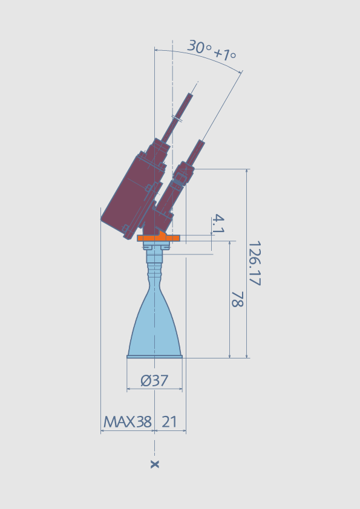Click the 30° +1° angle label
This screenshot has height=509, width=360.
[x=212, y=51]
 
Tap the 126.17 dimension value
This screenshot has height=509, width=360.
[x=255, y=263]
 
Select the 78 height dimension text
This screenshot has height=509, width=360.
[x=237, y=299]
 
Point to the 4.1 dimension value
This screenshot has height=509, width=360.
[x=218, y=224]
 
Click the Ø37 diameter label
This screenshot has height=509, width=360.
[x=154, y=380]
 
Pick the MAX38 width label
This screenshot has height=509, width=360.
[x=128, y=422]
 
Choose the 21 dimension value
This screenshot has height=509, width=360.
[x=169, y=422]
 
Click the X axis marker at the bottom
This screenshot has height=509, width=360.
[x=155, y=464]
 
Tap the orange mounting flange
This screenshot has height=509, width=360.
[x=159, y=238]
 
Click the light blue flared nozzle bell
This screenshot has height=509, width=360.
[x=154, y=328]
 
